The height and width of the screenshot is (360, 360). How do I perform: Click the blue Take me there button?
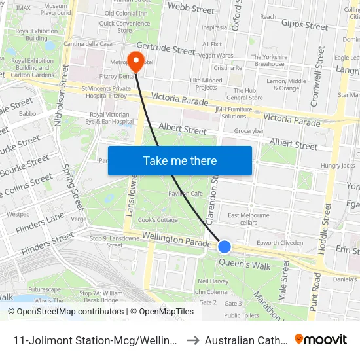pos(179,160)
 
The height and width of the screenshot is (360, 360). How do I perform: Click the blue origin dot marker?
pos(225,247)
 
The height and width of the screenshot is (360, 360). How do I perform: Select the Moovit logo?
pos(321,339)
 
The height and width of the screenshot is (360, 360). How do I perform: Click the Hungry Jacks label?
pos(338,166)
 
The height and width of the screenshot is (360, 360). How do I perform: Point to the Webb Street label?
pos(190,9)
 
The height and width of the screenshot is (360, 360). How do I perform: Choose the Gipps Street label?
pos(304,26)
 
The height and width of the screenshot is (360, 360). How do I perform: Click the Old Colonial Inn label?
pos(126,13)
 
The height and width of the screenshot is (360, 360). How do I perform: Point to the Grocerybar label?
pos(249,131)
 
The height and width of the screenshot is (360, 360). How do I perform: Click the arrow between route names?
pos(193,340)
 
